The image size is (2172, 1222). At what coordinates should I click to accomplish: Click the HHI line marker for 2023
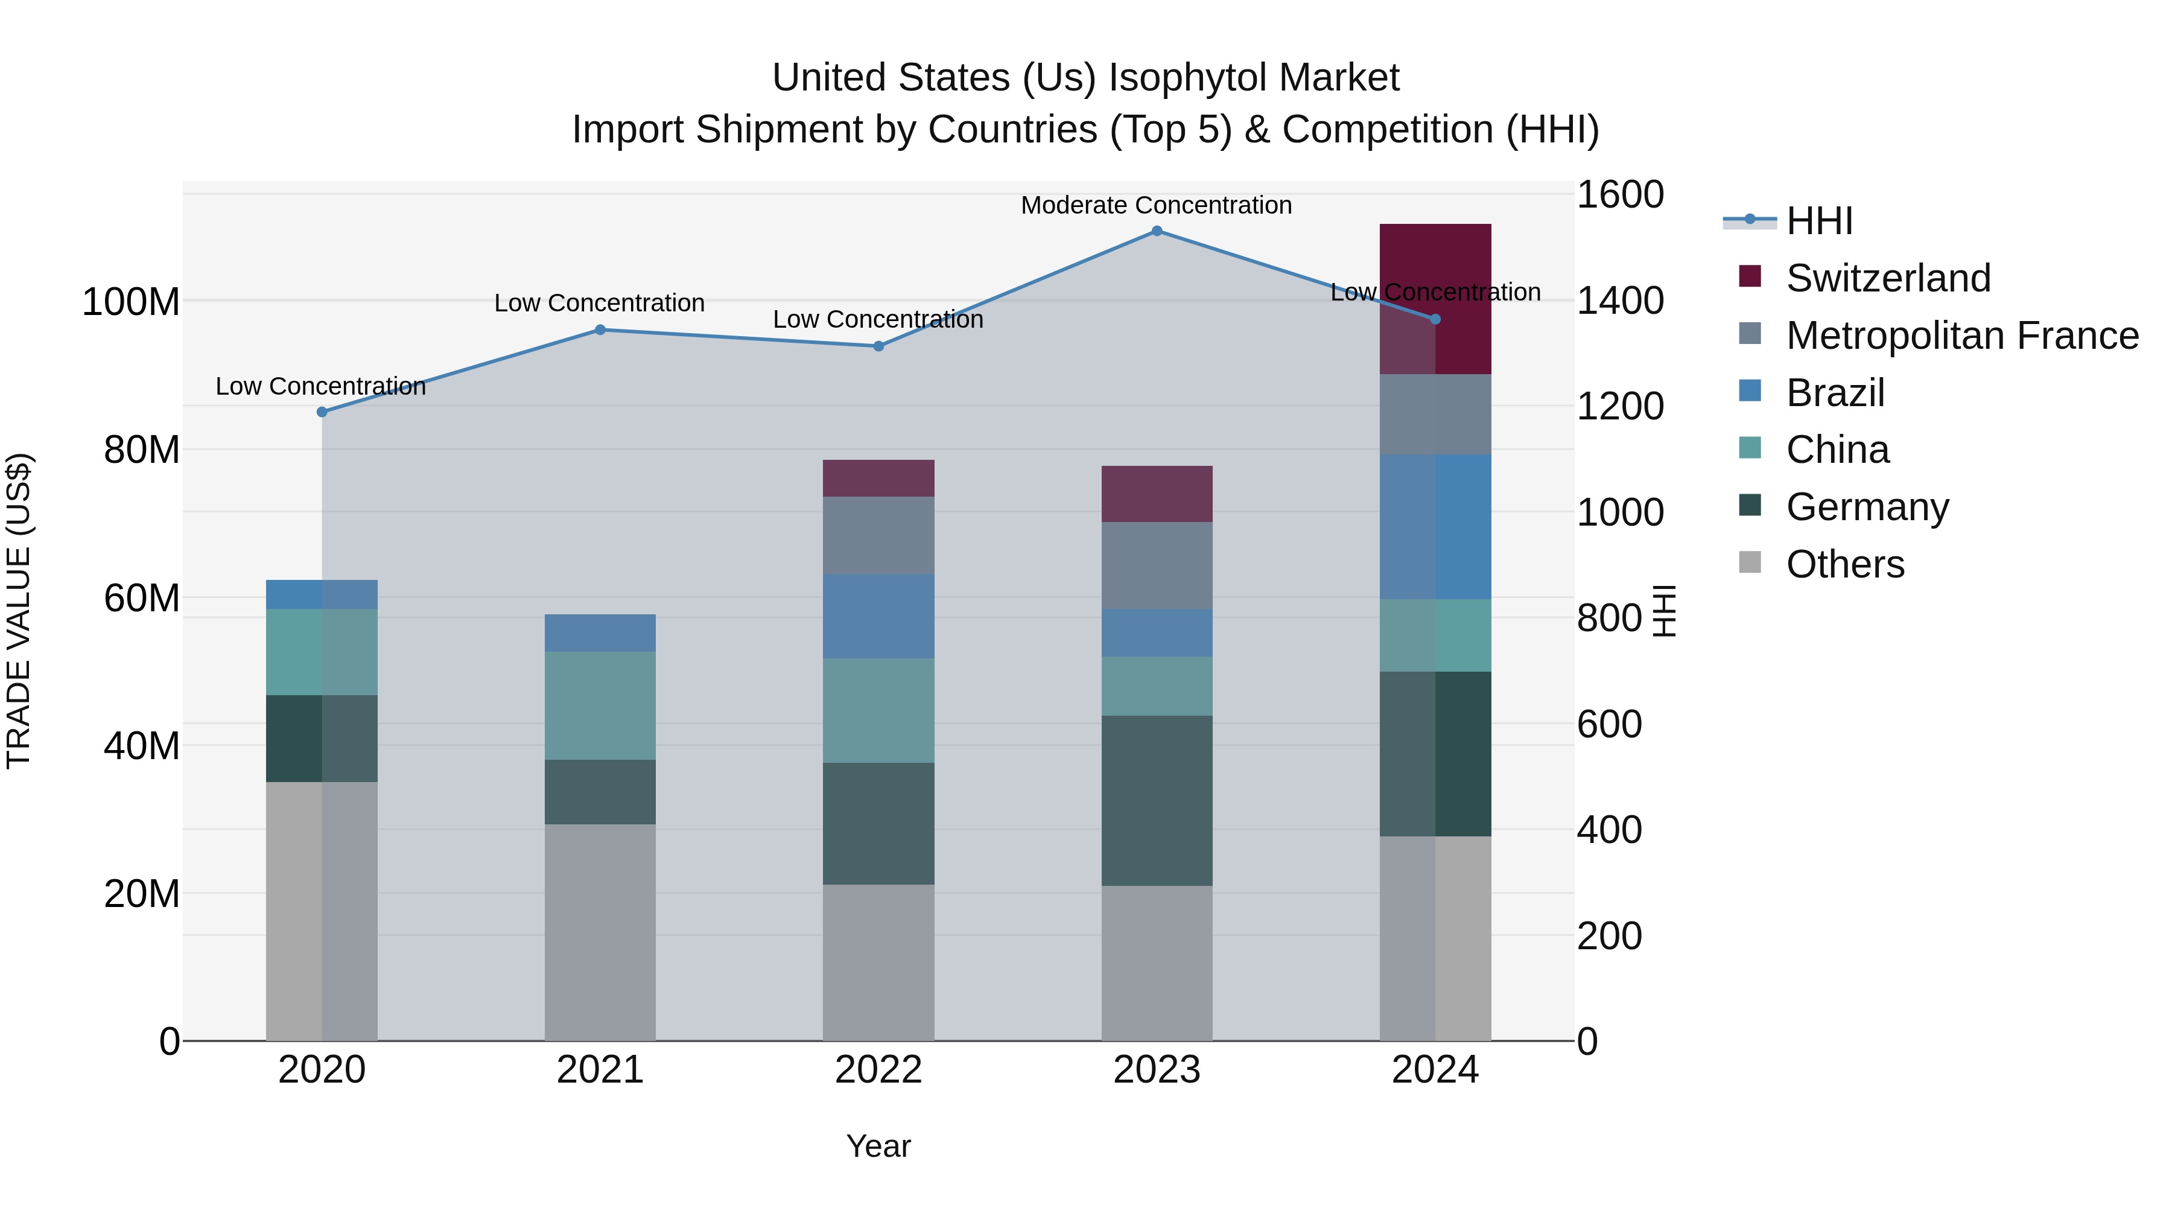tap(1157, 231)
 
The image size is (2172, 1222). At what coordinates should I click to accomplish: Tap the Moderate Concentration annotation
tap(1156, 206)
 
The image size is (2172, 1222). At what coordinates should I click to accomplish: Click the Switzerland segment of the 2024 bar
tap(1435, 299)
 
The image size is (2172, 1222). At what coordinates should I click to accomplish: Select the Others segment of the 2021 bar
tap(600, 932)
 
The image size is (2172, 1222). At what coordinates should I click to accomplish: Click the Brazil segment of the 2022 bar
tap(878, 617)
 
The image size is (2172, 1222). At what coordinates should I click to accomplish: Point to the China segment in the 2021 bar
tap(600, 706)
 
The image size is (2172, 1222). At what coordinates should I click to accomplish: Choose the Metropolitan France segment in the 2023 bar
tap(1157, 566)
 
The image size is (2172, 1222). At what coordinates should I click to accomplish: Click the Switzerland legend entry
tap(1888, 278)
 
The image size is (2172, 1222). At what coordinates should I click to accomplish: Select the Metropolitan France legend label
tap(1962, 336)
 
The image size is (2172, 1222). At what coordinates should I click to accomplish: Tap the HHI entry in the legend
tap(1818, 221)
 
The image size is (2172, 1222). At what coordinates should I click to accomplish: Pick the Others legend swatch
tap(1750, 562)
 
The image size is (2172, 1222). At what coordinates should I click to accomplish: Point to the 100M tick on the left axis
tap(131, 302)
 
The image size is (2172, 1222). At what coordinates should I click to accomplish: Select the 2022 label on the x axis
tap(878, 1070)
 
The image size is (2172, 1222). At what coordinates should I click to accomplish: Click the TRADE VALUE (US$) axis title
tap(19, 611)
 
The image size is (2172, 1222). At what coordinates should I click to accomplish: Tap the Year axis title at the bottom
tap(878, 1146)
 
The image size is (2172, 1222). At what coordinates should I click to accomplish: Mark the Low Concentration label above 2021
tap(600, 304)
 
